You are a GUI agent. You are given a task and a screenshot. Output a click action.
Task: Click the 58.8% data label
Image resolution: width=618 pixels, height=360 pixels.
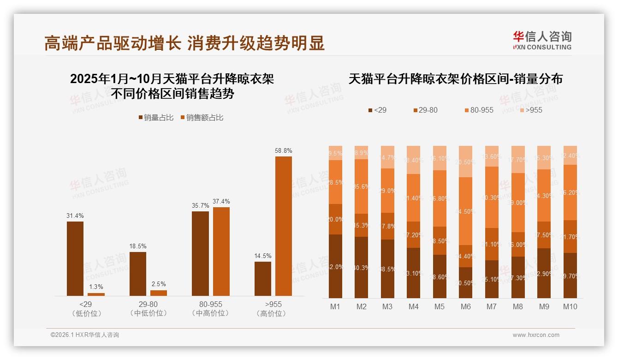click(284, 150)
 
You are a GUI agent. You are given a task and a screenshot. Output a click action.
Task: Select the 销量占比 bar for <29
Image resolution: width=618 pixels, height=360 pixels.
click(75, 258)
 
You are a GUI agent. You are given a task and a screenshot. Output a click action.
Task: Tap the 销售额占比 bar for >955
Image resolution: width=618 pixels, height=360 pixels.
click(284, 226)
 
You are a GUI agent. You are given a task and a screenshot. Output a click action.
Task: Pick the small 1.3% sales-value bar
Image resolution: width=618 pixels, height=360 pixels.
click(96, 294)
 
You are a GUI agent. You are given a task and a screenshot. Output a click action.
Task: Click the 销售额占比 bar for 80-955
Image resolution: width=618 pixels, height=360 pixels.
click(221, 252)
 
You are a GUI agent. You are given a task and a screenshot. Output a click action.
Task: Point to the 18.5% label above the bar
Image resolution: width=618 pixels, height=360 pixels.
click(138, 246)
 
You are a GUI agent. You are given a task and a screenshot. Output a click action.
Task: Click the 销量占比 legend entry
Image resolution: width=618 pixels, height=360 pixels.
click(156, 118)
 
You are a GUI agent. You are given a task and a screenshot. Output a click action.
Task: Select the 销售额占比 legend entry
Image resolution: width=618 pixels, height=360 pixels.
click(202, 118)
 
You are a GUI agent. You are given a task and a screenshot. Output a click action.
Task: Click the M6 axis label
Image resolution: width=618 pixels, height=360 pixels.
click(466, 306)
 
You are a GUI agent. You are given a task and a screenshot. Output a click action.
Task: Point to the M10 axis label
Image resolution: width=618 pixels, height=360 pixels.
click(570, 306)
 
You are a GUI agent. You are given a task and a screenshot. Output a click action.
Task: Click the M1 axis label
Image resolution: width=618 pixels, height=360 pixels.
click(335, 306)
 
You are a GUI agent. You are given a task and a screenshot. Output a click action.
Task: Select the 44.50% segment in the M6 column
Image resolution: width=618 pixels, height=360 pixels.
click(466, 211)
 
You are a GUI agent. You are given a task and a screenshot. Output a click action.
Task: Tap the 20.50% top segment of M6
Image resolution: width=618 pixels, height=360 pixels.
click(466, 162)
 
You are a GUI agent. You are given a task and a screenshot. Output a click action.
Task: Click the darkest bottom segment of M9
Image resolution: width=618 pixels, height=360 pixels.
click(544, 273)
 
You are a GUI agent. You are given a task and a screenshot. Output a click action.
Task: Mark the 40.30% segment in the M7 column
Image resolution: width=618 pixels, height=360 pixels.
click(492, 197)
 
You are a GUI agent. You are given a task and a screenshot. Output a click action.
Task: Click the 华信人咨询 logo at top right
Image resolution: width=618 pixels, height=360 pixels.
click(542, 40)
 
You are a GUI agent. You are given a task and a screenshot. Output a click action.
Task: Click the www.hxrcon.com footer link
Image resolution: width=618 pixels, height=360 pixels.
click(536, 335)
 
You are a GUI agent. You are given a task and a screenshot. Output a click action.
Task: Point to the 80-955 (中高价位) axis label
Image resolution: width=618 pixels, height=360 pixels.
click(210, 309)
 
